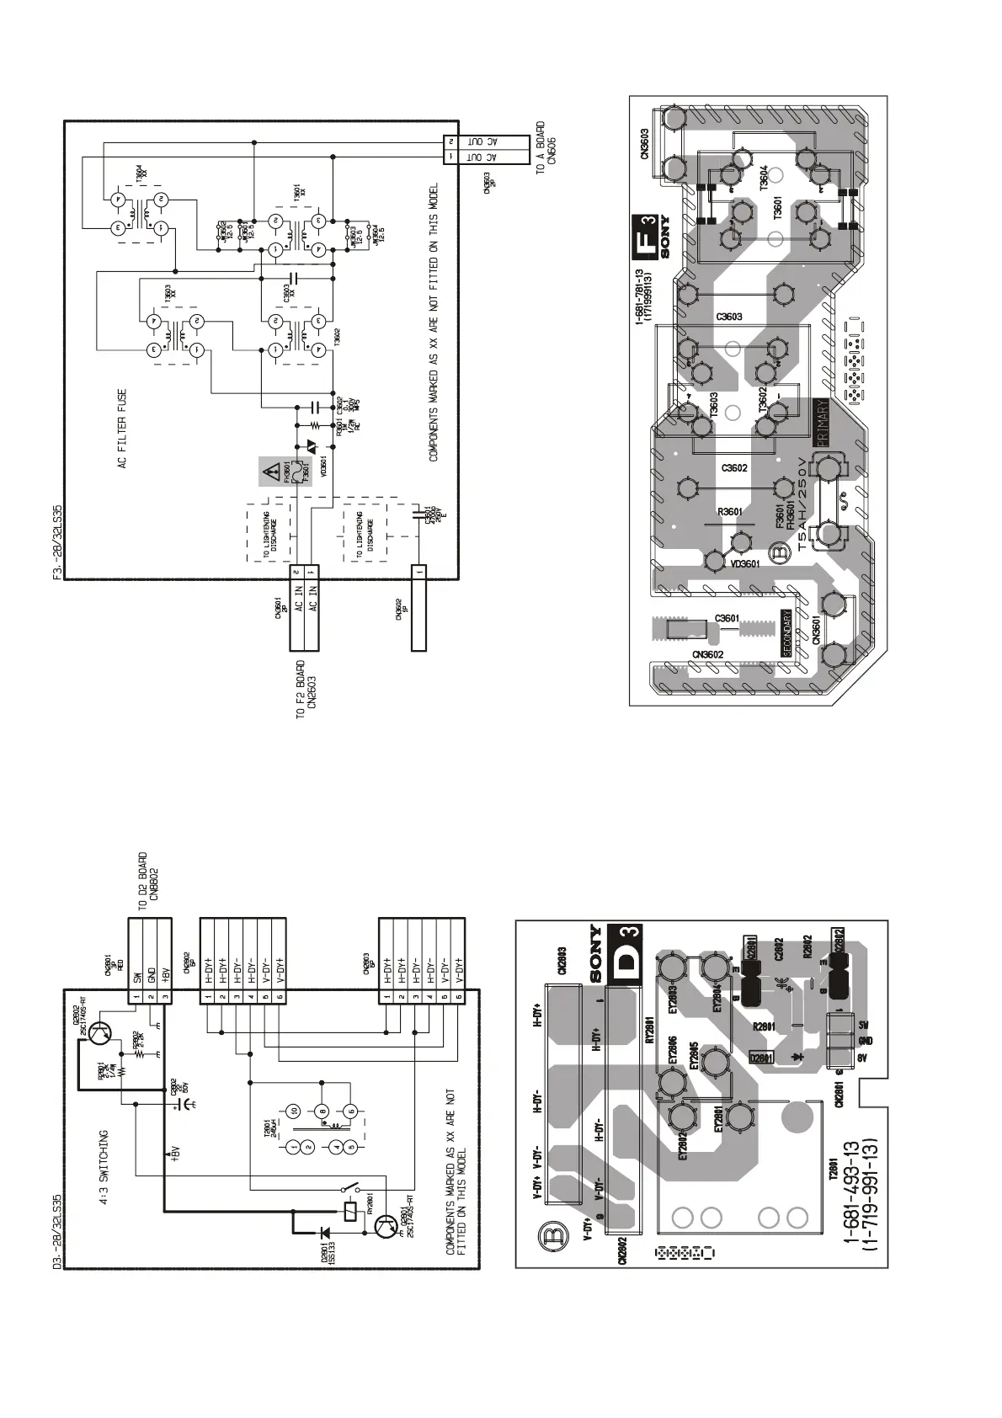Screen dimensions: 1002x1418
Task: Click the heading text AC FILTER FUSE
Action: pos(122,429)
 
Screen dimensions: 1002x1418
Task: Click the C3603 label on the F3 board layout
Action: pos(729,317)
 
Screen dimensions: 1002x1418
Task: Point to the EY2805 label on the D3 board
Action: pos(694,1055)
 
